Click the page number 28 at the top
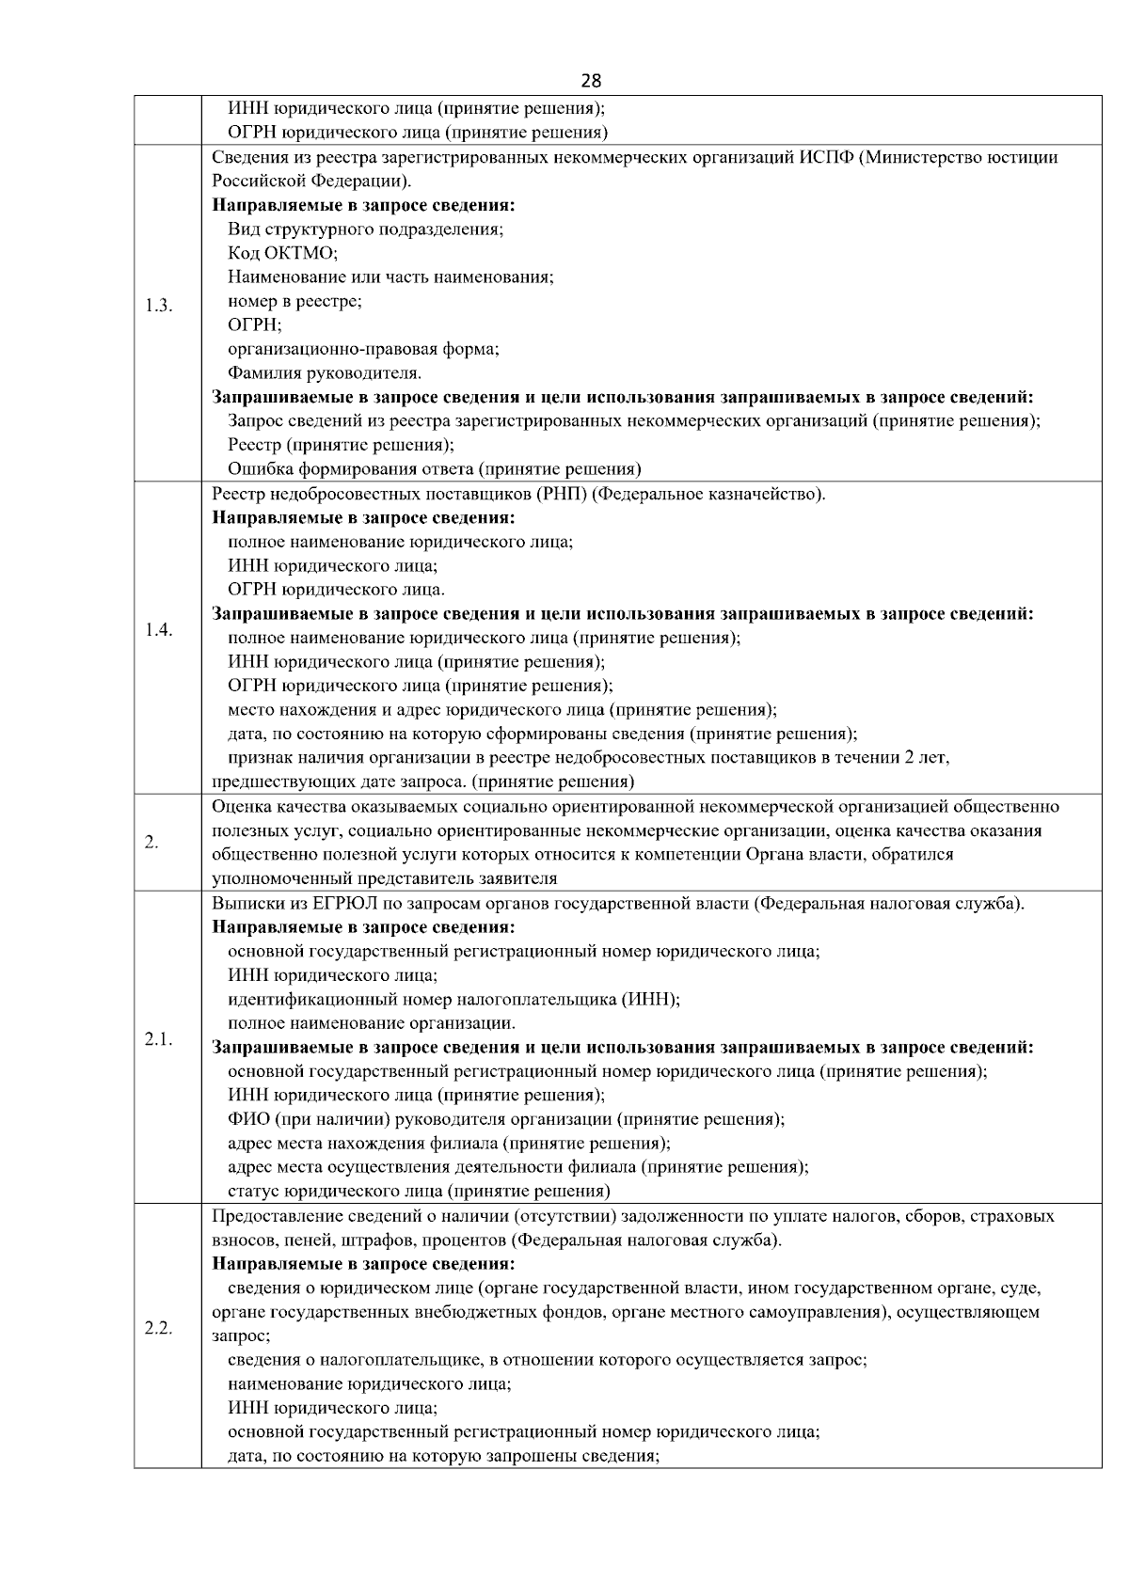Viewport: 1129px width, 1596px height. coord(591,81)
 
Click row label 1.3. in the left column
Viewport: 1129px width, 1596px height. coord(159,307)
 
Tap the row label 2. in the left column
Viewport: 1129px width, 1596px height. coord(151,843)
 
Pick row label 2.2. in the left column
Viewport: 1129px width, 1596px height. coord(159,1328)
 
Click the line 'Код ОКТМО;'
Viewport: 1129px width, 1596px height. coord(282,253)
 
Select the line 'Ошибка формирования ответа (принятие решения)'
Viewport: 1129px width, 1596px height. coord(434,469)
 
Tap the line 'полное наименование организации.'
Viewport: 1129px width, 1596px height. coord(372,1023)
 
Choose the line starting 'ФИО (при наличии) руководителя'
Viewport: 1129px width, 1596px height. coord(506,1119)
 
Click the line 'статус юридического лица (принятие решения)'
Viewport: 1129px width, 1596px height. coord(419,1192)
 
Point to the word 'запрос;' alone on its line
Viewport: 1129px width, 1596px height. coord(241,1335)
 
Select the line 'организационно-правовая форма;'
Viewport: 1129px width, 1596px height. coord(363,349)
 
